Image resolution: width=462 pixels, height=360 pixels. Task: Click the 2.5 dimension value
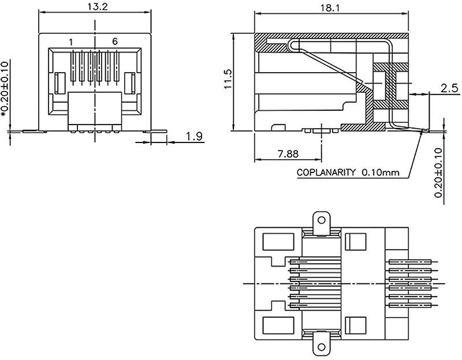449,88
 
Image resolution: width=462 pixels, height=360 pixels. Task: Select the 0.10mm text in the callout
381,172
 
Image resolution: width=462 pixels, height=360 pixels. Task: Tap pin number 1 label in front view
70,42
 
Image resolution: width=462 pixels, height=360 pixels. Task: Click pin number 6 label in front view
115,42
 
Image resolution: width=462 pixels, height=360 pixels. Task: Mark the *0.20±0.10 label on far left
6,89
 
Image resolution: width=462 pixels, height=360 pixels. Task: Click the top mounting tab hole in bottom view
321,220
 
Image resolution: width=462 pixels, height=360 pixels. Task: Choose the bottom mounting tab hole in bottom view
321,348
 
